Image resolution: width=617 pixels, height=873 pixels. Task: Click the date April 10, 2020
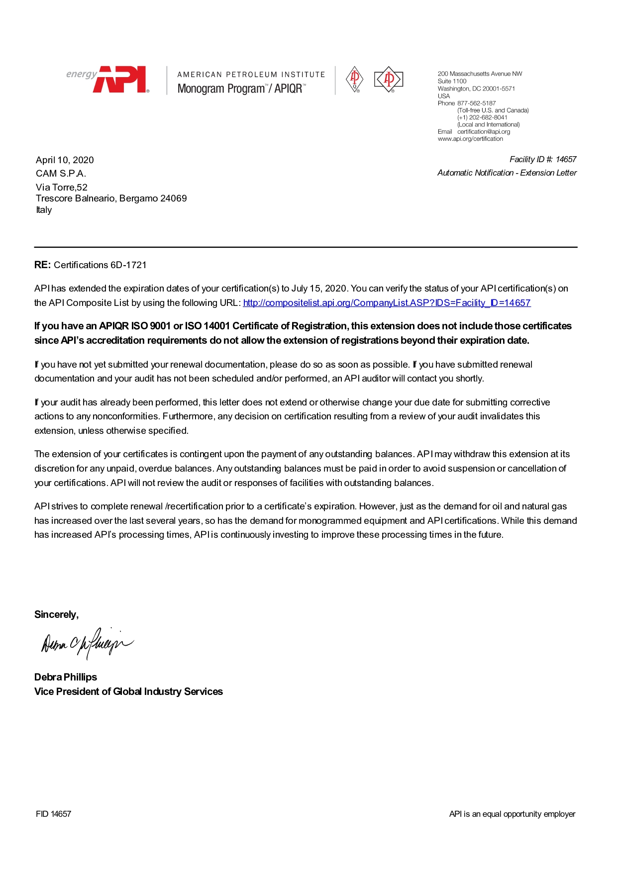pos(65,160)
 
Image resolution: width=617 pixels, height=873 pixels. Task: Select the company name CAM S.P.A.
pos(61,173)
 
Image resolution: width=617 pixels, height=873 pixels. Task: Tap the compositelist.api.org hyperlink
pos(387,302)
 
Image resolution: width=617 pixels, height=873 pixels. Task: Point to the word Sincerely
pos(56,614)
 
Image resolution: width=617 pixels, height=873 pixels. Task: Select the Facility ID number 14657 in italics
pos(566,159)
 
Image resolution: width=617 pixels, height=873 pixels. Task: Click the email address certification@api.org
pos(484,132)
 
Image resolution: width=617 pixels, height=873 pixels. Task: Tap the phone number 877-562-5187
pos(476,103)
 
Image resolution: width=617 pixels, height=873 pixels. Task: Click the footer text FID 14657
pos(53,814)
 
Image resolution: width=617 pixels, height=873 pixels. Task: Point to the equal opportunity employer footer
pos(512,814)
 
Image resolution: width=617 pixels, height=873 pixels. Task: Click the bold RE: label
pos(42,265)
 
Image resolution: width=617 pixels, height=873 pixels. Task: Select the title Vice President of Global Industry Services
pos(128,691)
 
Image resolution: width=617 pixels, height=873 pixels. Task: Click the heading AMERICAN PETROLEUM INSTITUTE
pos(251,75)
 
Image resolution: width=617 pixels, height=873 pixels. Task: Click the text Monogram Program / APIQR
pos(241,89)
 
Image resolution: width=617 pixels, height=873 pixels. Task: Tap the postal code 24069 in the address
pos(174,198)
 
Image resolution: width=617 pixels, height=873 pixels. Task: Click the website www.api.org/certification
pos(470,139)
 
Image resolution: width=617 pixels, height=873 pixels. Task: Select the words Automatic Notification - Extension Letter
pos(507,173)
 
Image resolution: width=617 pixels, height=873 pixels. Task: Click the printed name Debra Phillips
pos(66,677)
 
